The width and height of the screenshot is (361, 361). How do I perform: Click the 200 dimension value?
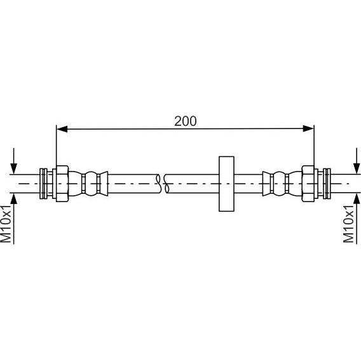(186, 121)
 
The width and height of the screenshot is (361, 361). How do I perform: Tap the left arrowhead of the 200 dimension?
(62, 129)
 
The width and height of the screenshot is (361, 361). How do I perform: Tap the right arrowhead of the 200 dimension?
(308, 128)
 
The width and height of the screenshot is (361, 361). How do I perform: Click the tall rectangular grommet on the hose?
(226, 184)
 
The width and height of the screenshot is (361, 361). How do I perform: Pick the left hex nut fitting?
(62, 184)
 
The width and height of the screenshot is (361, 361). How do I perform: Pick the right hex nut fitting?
(308, 184)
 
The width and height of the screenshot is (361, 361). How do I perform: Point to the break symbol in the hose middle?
(162, 184)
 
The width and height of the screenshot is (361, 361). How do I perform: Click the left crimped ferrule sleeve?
(88, 184)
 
